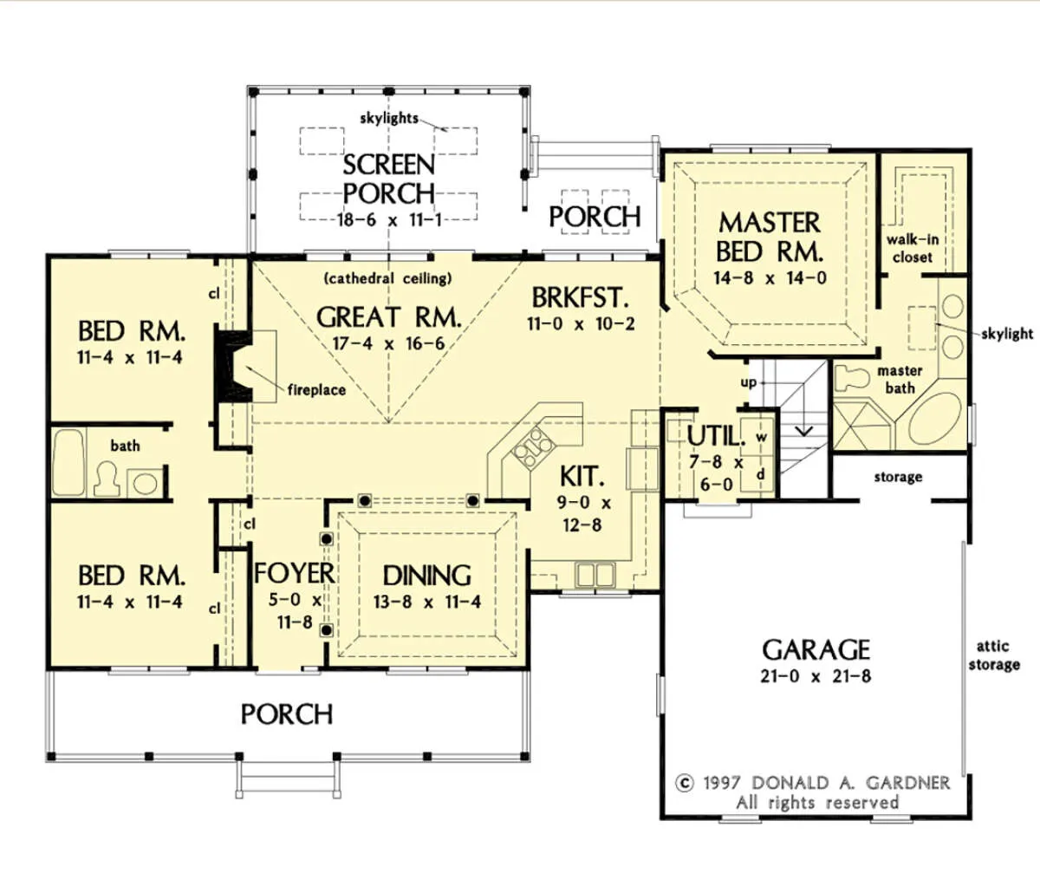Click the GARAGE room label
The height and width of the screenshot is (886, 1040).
pyautogui.click(x=816, y=649)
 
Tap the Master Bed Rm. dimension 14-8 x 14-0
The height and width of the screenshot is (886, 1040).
pyautogui.click(x=770, y=278)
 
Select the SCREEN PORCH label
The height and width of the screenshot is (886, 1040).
pyautogui.click(x=389, y=179)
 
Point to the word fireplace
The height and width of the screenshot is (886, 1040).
pyautogui.click(x=316, y=389)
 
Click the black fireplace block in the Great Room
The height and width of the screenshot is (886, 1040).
pyautogui.click(x=232, y=363)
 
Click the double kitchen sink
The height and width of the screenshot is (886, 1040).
pyautogui.click(x=595, y=575)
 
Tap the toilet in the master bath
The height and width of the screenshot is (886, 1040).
pyautogui.click(x=852, y=378)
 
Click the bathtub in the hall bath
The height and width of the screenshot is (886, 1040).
pyautogui.click(x=68, y=462)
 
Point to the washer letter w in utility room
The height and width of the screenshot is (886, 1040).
pyautogui.click(x=761, y=438)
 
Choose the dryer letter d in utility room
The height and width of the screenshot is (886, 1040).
pyautogui.click(x=761, y=473)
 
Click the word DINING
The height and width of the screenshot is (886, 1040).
pyautogui.click(x=427, y=576)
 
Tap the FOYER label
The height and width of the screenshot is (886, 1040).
pyautogui.click(x=295, y=573)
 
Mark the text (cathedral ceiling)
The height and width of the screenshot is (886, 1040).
pyautogui.click(x=388, y=278)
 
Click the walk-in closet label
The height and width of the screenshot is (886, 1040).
pyautogui.click(x=913, y=248)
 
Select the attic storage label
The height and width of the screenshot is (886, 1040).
pyautogui.click(x=994, y=655)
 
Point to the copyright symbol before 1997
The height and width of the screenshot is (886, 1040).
pyautogui.click(x=685, y=784)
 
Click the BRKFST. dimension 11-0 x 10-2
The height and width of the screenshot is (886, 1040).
pyautogui.click(x=581, y=323)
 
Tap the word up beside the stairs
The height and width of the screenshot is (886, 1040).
pyautogui.click(x=748, y=383)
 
